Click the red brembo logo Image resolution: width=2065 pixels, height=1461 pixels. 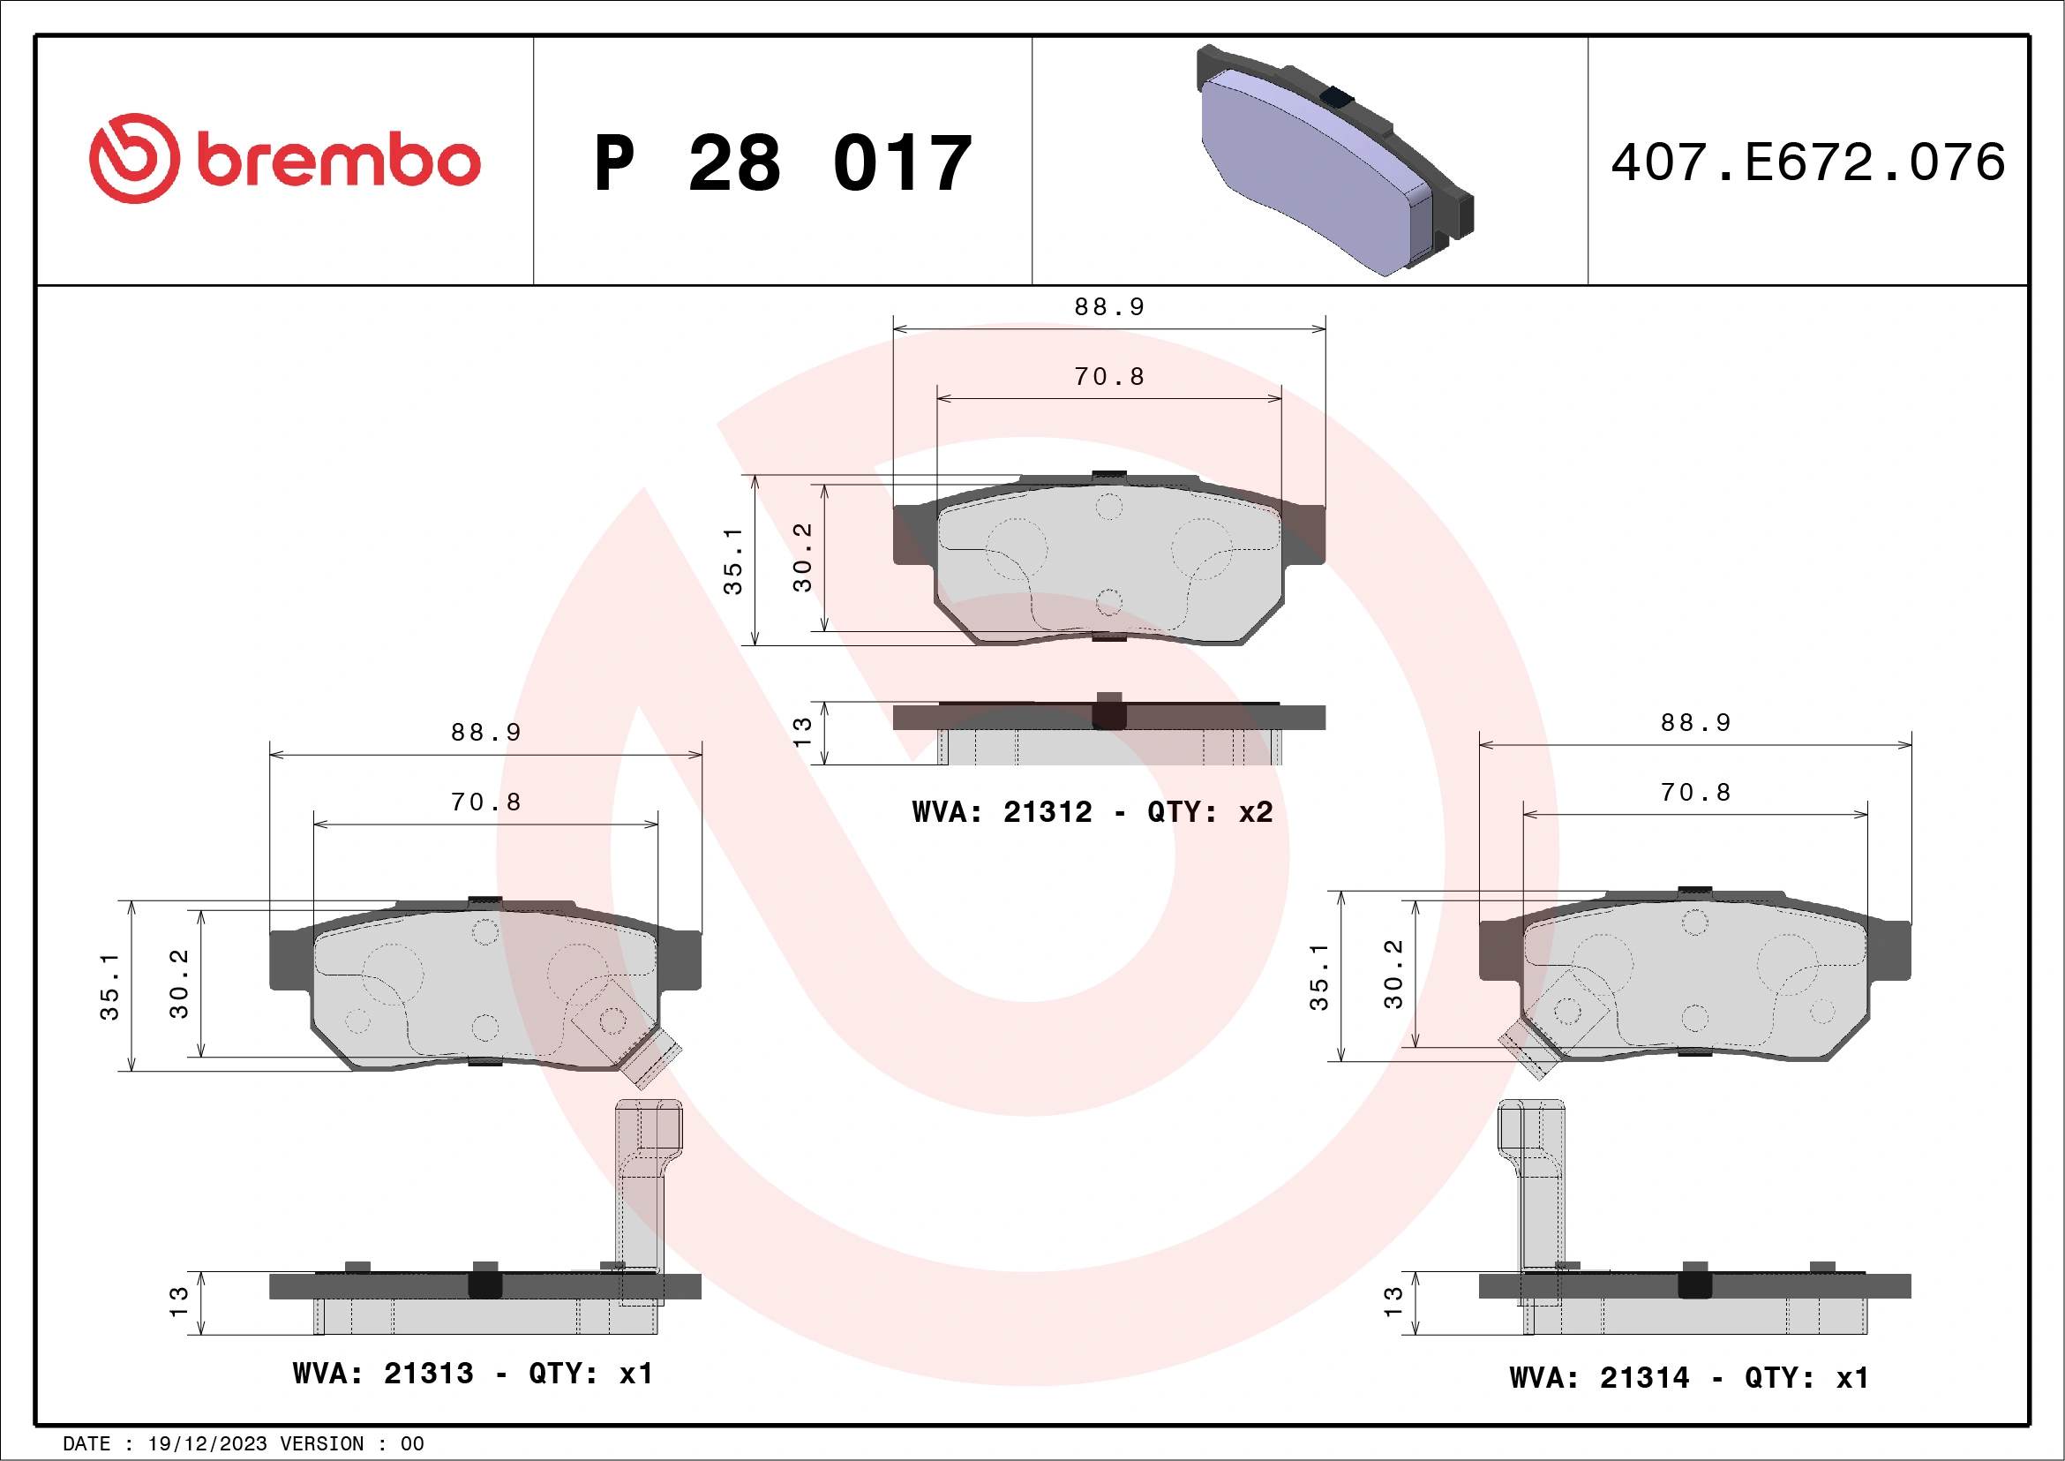pyautogui.click(x=284, y=159)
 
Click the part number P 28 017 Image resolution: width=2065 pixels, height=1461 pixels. pyautogui.click(x=783, y=163)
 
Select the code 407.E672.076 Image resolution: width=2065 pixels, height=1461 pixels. pyautogui.click(x=1808, y=162)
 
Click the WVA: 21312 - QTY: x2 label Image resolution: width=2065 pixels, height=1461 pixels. pyautogui.click(x=1092, y=812)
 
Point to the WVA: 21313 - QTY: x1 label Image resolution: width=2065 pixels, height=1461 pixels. pyautogui.click(x=473, y=1374)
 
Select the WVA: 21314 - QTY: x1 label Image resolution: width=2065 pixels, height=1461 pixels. pyautogui.click(x=1689, y=1377)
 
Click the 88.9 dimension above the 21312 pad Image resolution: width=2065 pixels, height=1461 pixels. pyautogui.click(x=1109, y=308)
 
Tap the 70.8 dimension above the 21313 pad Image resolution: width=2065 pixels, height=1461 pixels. pyautogui.click(x=485, y=802)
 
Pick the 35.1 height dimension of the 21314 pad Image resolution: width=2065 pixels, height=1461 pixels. pyautogui.click(x=1318, y=977)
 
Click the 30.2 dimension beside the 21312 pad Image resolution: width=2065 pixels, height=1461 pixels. pyautogui.click(x=802, y=558)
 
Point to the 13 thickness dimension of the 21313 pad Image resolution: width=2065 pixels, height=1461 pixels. pyautogui.click(x=179, y=1302)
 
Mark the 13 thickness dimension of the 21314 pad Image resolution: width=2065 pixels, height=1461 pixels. pyautogui.click(x=1393, y=1302)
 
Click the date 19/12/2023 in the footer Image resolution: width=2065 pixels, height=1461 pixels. pyautogui.click(x=206, y=1443)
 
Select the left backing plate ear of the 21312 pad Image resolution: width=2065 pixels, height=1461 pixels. pyautogui.click(x=912, y=535)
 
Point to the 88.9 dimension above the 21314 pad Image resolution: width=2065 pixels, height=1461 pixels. pyautogui.click(x=1695, y=723)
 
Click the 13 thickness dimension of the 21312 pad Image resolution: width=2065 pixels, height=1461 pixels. pyautogui.click(x=802, y=732)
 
